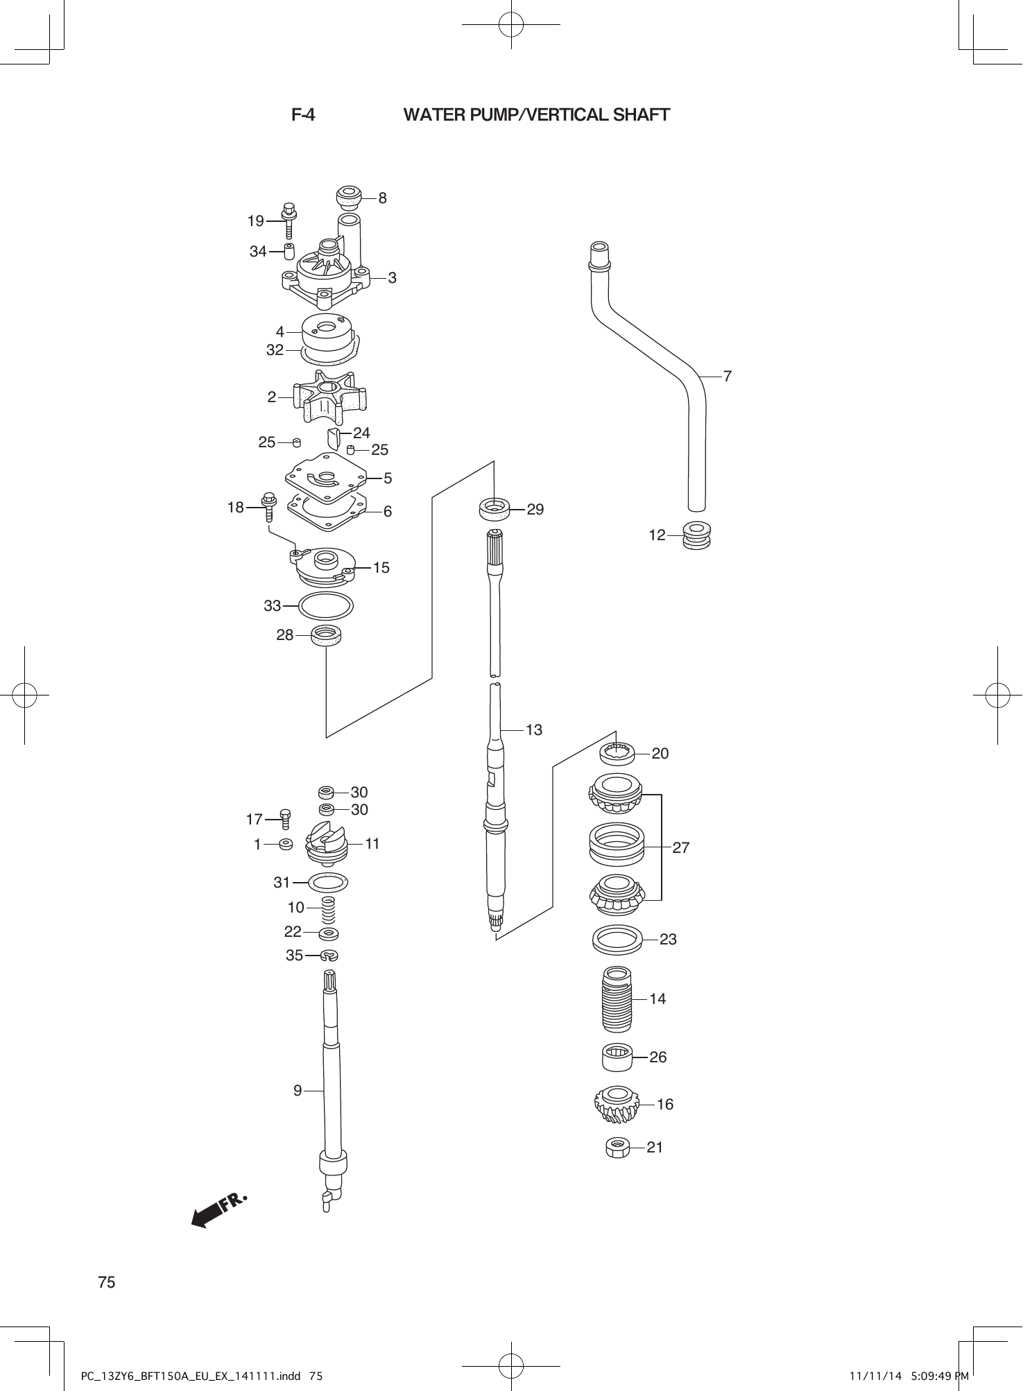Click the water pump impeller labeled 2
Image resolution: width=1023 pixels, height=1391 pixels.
pos(329,397)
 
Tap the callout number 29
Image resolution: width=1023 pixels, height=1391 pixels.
pos(535,509)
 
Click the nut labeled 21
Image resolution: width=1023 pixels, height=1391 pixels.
pos(617,1148)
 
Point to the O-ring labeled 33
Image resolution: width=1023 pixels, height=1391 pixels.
pos(326,606)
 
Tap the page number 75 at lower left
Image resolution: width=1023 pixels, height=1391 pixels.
pos(107,1282)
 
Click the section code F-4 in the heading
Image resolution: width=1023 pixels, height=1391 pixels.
pos(303,115)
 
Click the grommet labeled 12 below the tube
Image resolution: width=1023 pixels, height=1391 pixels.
pos(696,535)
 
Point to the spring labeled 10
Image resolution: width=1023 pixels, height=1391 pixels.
pos(328,908)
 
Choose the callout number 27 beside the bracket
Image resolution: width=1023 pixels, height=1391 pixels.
pos(681,847)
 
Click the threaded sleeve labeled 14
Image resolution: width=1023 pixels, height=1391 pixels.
pos(617,999)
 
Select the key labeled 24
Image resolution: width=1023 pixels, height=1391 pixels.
pos(333,438)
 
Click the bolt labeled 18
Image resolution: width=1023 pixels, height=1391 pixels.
pos(269,506)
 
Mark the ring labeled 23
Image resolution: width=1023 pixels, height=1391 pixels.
pos(617,940)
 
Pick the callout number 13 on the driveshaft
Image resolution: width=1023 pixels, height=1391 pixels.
pos(533,729)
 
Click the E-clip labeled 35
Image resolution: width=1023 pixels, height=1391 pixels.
pos(329,956)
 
